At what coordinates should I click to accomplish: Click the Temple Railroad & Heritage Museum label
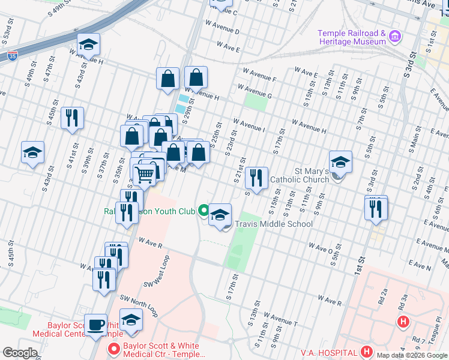pyautogui.click(x=351, y=37)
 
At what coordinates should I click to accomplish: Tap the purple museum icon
pyautogui.click(x=394, y=37)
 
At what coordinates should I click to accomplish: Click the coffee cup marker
pyautogui.click(x=95, y=325)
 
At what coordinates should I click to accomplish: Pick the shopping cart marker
pyautogui.click(x=144, y=175)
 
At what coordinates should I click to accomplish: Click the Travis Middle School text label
pyautogui.click(x=274, y=224)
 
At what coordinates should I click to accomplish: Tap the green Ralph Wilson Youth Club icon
pyautogui.click(x=204, y=211)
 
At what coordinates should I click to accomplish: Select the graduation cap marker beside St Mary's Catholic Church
pyautogui.click(x=340, y=162)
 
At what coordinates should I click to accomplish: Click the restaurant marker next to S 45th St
pyautogui.click(x=73, y=118)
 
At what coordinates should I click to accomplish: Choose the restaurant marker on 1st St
pyautogui.click(x=376, y=208)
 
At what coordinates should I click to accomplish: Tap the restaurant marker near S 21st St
pyautogui.click(x=256, y=178)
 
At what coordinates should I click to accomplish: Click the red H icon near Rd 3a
pyautogui.click(x=403, y=322)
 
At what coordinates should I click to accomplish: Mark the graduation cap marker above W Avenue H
pyautogui.click(x=88, y=45)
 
